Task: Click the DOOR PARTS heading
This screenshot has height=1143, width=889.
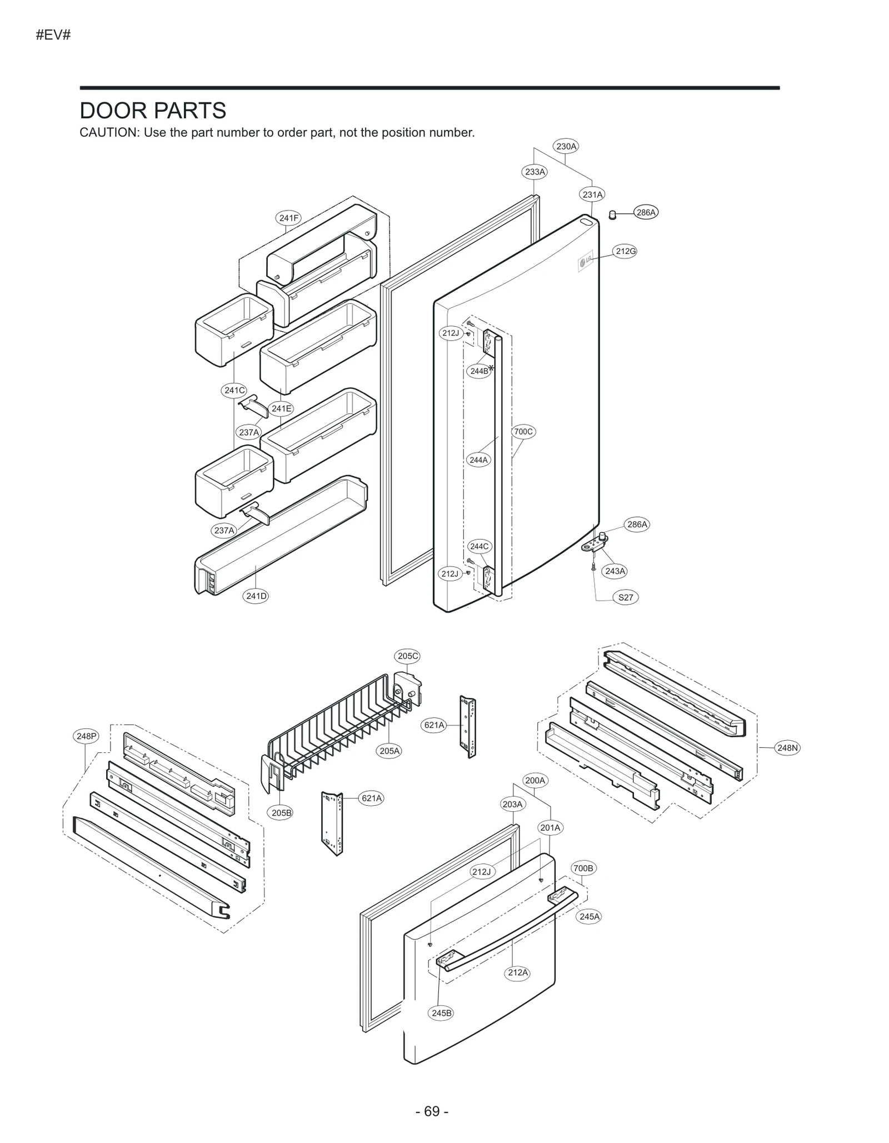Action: (x=153, y=111)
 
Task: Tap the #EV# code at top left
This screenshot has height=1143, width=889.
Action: (x=53, y=35)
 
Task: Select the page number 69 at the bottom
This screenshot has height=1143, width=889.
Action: (x=432, y=1111)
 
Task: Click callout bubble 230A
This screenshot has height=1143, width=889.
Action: (x=566, y=146)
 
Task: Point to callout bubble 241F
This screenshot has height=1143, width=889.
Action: (x=288, y=218)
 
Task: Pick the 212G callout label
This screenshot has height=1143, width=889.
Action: (x=625, y=251)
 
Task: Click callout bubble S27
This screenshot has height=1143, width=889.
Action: (x=625, y=597)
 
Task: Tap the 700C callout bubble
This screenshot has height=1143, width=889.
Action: (x=523, y=431)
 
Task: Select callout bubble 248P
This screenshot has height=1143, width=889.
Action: (x=87, y=736)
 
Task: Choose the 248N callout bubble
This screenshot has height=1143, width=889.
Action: (x=787, y=748)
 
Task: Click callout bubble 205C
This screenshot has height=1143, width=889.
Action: (x=407, y=656)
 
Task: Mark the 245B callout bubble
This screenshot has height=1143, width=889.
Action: (x=442, y=1013)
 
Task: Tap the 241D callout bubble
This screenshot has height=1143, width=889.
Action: (x=256, y=596)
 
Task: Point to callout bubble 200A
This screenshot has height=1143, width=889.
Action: (x=535, y=780)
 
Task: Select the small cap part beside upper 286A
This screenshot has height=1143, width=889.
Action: (x=612, y=214)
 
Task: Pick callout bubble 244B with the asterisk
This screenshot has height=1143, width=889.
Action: (x=480, y=371)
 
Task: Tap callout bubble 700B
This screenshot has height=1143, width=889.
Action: (x=583, y=868)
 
